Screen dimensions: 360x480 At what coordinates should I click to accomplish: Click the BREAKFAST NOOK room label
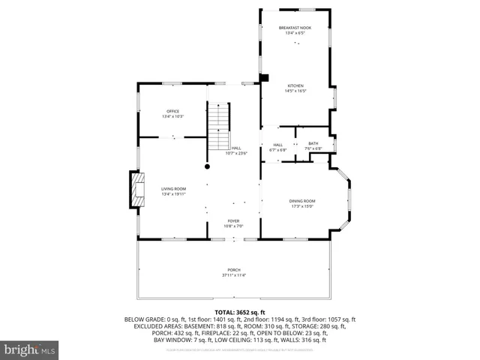[295, 28]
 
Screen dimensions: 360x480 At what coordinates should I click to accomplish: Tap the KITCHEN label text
[295, 86]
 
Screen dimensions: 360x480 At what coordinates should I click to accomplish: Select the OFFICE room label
[172, 112]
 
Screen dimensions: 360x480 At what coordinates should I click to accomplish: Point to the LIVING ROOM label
[173, 188]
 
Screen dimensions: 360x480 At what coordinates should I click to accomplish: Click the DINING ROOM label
[302, 200]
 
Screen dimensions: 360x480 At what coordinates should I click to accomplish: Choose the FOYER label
[233, 221]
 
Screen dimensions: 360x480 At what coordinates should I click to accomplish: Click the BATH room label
[313, 143]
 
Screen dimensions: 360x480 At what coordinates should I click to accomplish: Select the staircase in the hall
[217, 128]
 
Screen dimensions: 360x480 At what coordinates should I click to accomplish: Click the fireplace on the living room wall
[136, 189]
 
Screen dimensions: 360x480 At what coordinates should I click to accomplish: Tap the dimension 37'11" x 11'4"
[234, 275]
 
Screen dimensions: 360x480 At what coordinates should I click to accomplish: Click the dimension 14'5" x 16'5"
[295, 91]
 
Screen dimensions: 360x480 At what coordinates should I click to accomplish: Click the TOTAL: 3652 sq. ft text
[240, 311]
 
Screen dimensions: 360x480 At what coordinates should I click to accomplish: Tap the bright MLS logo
[30, 349]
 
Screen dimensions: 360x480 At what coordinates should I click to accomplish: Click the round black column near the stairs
[207, 166]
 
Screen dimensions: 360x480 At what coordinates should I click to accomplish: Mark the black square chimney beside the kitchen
[263, 77]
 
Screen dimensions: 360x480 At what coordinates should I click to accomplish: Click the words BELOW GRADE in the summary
[142, 319]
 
